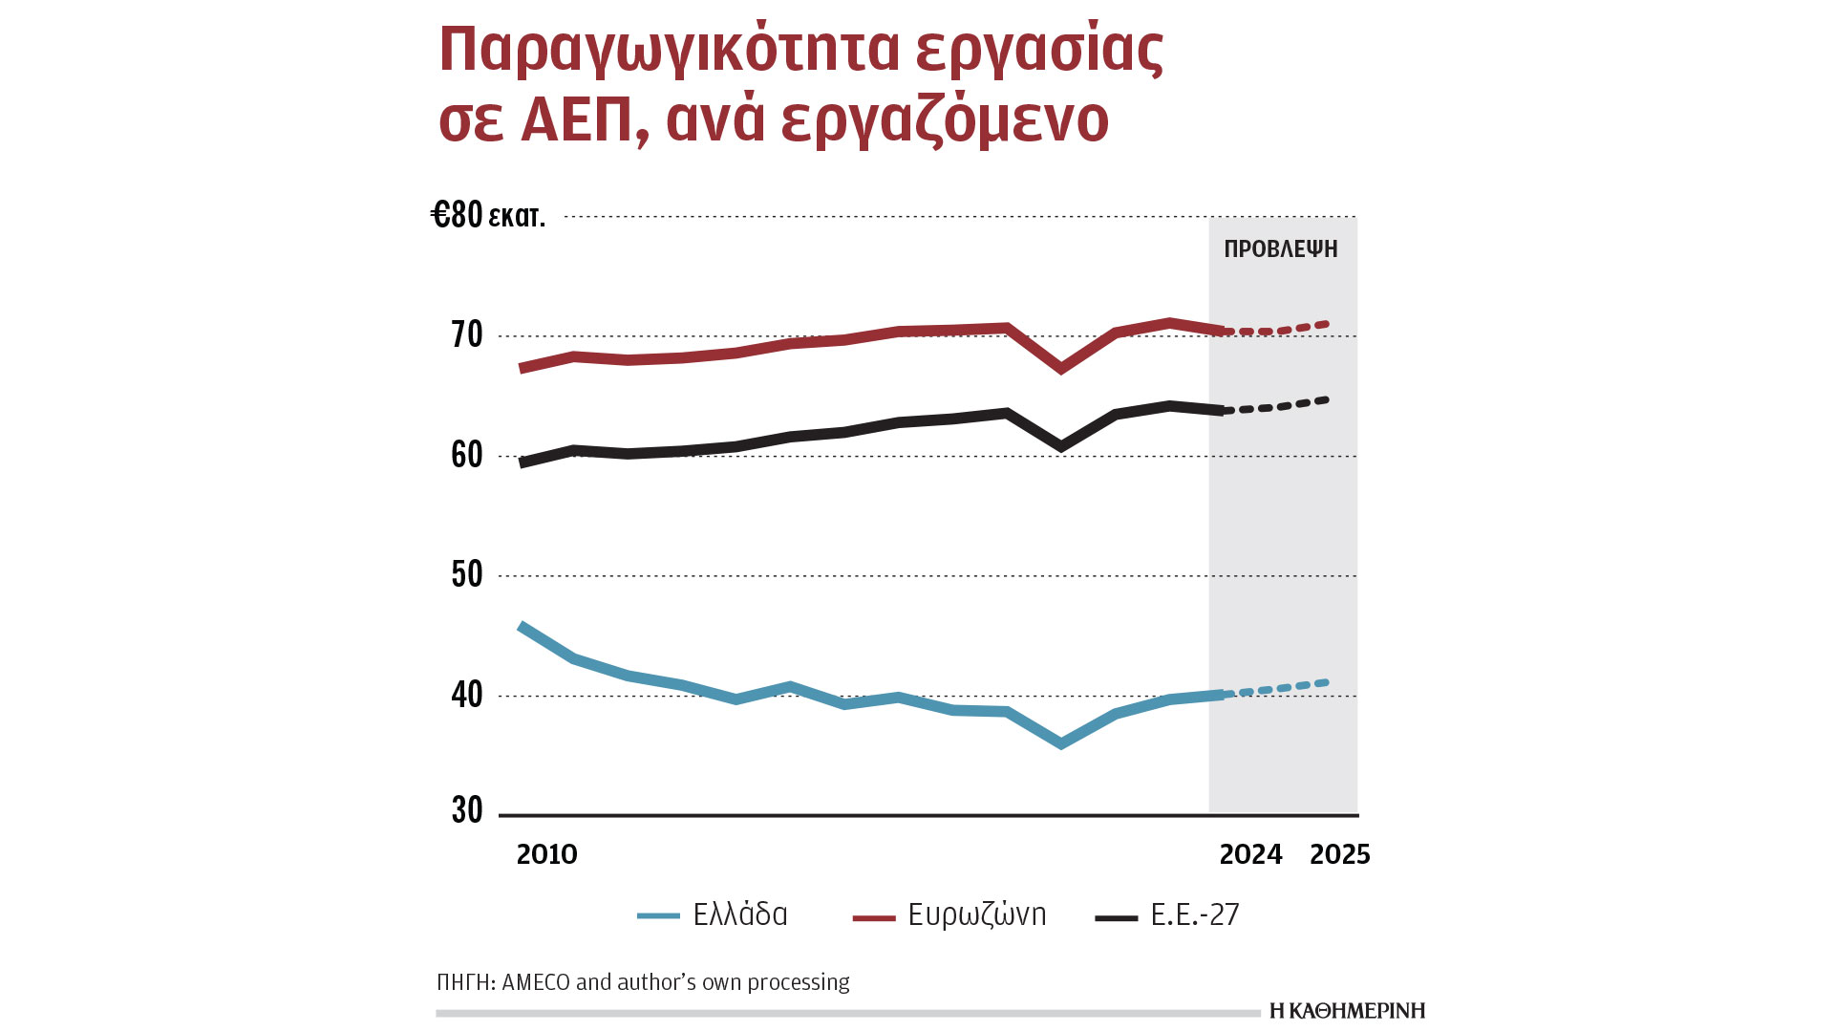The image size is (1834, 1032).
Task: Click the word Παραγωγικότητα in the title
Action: (669, 50)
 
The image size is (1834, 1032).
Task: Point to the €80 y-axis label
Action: (457, 215)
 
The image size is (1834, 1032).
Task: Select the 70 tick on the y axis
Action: (467, 335)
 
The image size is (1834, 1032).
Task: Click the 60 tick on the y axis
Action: (467, 455)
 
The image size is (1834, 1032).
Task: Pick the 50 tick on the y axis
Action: (467, 574)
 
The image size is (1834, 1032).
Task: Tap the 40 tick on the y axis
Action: (467, 695)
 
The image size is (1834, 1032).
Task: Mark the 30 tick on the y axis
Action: (467, 810)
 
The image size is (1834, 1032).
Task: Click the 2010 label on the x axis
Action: (546, 854)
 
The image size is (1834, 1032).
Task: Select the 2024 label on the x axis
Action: (1250, 854)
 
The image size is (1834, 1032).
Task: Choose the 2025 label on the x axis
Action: (1339, 854)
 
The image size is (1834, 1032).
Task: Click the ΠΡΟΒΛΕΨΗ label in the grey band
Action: (1281, 249)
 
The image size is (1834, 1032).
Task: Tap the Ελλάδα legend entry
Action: (739, 914)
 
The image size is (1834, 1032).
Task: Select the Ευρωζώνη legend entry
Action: (976, 914)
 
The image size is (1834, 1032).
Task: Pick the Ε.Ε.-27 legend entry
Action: (1194, 914)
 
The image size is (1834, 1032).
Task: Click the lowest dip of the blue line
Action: (1061, 743)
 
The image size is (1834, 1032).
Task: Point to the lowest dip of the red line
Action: (1061, 368)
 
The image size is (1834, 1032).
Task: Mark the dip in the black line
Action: (1061, 446)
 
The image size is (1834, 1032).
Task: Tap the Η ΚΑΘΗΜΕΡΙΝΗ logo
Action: (1347, 1011)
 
